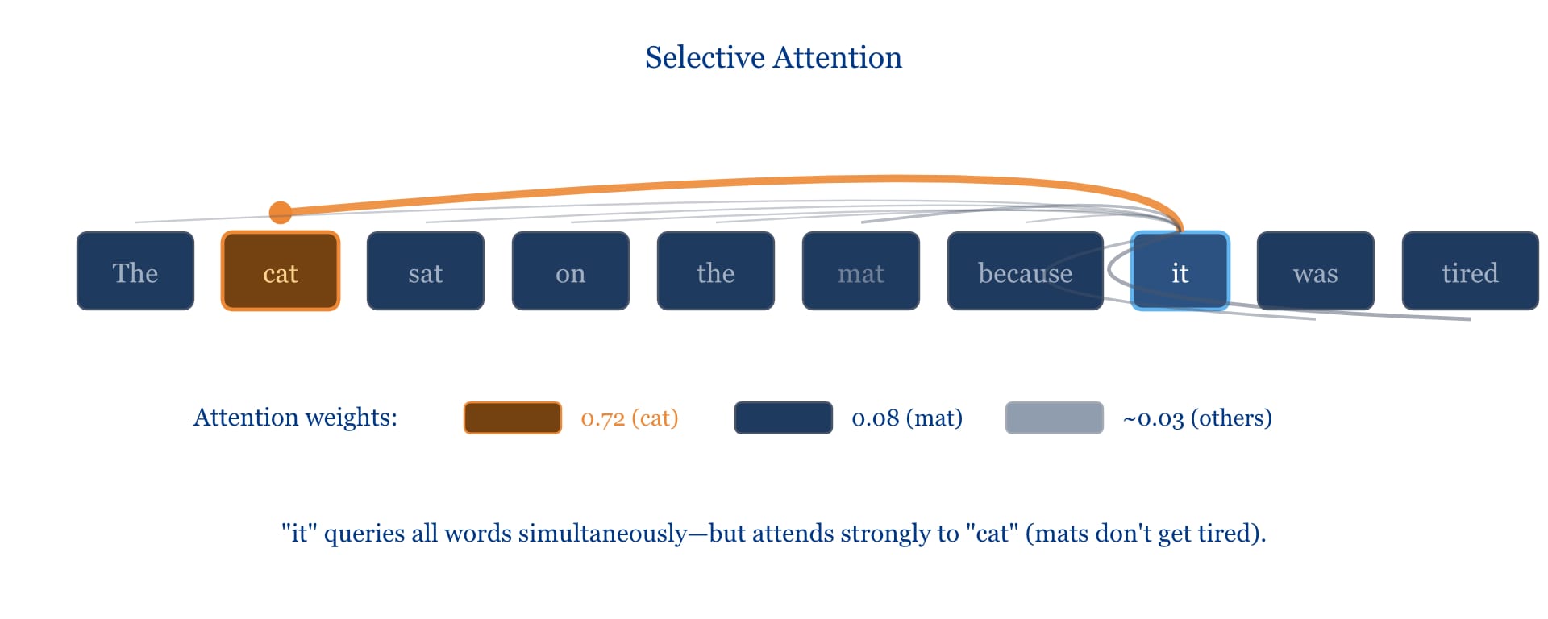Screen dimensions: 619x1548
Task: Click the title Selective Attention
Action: (x=773, y=57)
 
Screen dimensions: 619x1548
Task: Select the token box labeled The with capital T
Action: (x=135, y=271)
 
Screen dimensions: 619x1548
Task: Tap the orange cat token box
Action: (x=281, y=271)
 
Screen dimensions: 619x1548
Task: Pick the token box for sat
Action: (x=426, y=271)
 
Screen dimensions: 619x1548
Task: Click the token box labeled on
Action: (x=571, y=271)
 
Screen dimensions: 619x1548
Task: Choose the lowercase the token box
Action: (x=716, y=271)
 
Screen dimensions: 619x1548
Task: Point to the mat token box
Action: (x=861, y=271)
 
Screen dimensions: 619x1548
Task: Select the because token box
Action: (x=1025, y=271)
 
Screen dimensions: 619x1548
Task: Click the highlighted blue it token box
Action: (x=1180, y=271)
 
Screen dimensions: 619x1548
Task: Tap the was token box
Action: (x=1315, y=271)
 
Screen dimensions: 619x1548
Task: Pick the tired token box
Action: (x=1470, y=271)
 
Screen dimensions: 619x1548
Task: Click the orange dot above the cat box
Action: (x=281, y=212)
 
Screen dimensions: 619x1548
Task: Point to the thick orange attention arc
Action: (x=726, y=183)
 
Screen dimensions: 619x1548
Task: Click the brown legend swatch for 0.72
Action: (x=512, y=418)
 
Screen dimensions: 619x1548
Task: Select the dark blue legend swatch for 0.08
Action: (x=783, y=418)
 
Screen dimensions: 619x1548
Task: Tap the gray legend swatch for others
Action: (x=1054, y=418)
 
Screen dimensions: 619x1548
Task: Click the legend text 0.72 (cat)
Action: (x=630, y=418)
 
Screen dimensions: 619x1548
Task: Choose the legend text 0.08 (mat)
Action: (x=907, y=418)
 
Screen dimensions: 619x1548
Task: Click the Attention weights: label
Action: (x=295, y=418)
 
